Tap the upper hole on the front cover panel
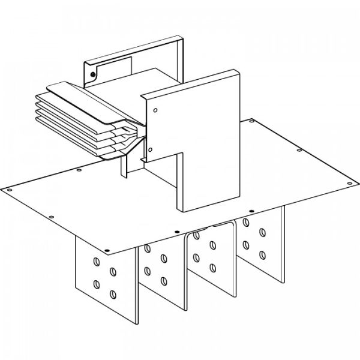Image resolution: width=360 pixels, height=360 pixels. (x=155, y=111)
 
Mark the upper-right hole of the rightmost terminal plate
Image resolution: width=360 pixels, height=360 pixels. (x=263, y=232)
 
